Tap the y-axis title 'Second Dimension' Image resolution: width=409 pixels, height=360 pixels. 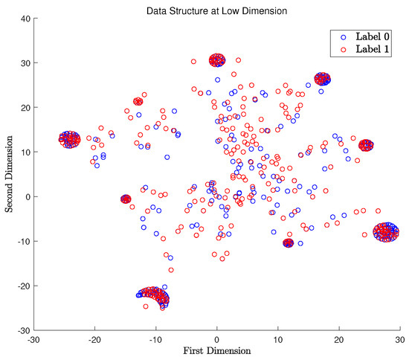(10, 174)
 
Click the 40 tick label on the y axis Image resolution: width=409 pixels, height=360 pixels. (23, 19)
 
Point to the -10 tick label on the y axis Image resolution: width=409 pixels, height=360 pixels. (21, 242)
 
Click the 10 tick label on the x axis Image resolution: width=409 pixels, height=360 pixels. (278, 338)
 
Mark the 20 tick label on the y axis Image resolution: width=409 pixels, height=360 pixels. (23, 108)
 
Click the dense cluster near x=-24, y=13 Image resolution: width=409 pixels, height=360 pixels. (70, 139)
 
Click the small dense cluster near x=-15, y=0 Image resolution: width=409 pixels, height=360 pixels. (126, 199)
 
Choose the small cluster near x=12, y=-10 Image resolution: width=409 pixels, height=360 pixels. (289, 242)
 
